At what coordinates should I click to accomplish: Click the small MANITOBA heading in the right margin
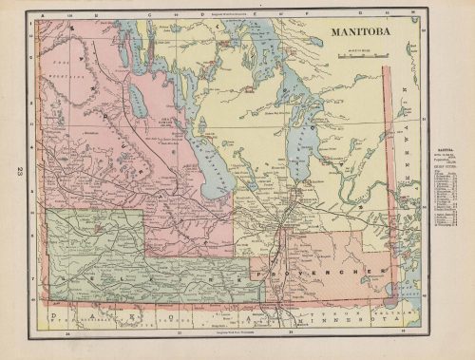[443, 150]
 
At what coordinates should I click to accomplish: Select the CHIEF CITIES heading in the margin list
[443, 167]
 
